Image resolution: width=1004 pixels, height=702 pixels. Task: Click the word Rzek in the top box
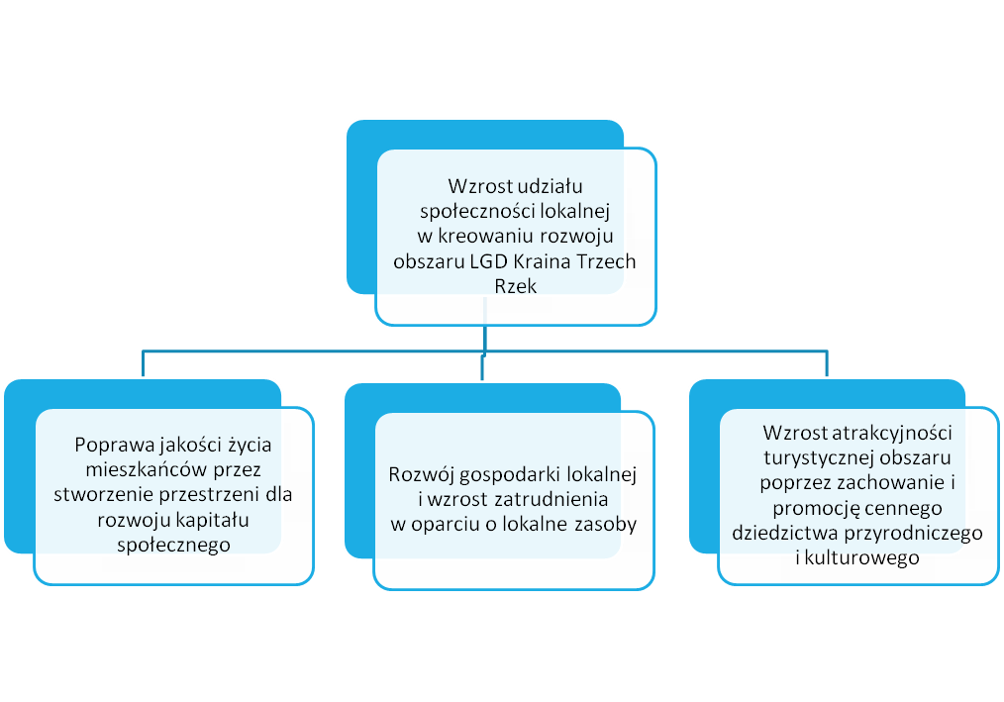(516, 286)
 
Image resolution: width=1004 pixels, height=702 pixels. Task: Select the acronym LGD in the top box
(489, 261)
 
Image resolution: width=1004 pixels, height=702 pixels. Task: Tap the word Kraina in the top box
(543, 261)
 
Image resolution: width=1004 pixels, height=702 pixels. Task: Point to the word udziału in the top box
(551, 186)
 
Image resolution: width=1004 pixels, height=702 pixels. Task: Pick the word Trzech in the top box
(606, 261)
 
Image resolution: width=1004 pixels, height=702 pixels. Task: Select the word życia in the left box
(250, 446)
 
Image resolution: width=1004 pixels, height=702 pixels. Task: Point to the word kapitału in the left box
(215, 520)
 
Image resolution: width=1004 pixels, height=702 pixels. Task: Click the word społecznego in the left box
(173, 546)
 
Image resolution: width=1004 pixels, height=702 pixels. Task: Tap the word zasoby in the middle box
(606, 525)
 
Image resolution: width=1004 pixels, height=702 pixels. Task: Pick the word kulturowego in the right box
(861, 557)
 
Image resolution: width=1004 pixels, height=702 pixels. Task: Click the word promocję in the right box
(812, 509)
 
